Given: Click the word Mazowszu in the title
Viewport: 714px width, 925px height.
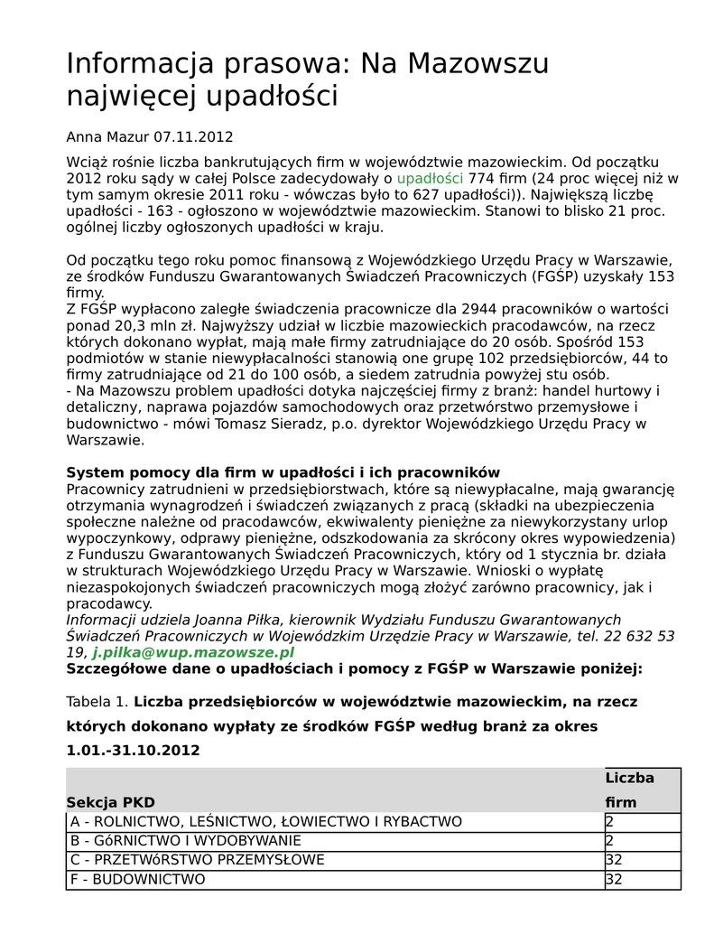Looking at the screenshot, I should pyautogui.click(x=478, y=63).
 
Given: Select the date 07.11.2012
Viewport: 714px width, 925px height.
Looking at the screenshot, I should pyautogui.click(x=193, y=137).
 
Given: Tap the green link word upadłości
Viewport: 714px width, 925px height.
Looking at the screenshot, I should pyautogui.click(x=430, y=179).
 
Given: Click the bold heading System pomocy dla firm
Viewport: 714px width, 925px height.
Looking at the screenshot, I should pyautogui.click(x=283, y=472).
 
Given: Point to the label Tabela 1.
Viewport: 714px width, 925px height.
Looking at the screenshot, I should pyautogui.click(x=97, y=702).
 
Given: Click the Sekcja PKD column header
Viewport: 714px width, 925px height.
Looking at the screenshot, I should pyautogui.click(x=110, y=802).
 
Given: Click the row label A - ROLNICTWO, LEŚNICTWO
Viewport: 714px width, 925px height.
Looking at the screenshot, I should pyautogui.click(x=266, y=822).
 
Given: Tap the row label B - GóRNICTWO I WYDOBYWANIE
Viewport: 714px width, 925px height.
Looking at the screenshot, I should pyautogui.click(x=186, y=841).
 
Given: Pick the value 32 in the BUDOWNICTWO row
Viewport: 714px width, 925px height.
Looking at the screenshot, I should pyautogui.click(x=615, y=880).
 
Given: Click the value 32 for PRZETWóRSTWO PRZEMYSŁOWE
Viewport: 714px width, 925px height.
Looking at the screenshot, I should pyautogui.click(x=615, y=860).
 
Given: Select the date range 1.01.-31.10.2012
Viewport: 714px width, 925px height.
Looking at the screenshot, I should pyautogui.click(x=133, y=751).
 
